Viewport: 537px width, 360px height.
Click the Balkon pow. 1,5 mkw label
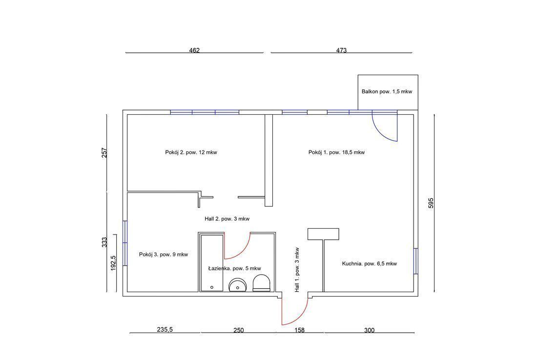click(x=387, y=91)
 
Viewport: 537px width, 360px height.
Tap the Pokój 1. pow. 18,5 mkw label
click(x=336, y=152)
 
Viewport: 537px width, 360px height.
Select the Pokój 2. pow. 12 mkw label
click(x=191, y=152)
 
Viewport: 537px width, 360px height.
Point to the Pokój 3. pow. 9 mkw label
click(x=164, y=254)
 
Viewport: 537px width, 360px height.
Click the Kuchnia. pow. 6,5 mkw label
click(x=369, y=263)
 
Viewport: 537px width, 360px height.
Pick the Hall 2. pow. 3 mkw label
click(x=227, y=219)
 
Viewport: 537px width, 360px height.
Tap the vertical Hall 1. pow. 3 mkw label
click(x=297, y=270)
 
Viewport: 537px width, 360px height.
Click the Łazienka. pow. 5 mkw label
click(x=235, y=269)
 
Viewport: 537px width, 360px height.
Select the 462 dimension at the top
click(x=194, y=50)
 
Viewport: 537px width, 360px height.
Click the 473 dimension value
click(x=341, y=50)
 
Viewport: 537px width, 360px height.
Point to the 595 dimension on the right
click(x=431, y=203)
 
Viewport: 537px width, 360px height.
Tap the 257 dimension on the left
click(x=104, y=153)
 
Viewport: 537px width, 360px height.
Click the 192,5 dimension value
click(x=113, y=263)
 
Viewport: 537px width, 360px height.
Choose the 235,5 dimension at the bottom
click(x=165, y=330)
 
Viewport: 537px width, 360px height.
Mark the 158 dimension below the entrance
click(x=299, y=330)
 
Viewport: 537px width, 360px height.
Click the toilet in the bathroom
click(x=261, y=283)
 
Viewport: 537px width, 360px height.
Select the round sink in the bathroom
click(x=238, y=285)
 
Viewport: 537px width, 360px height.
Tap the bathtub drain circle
click(x=212, y=287)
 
